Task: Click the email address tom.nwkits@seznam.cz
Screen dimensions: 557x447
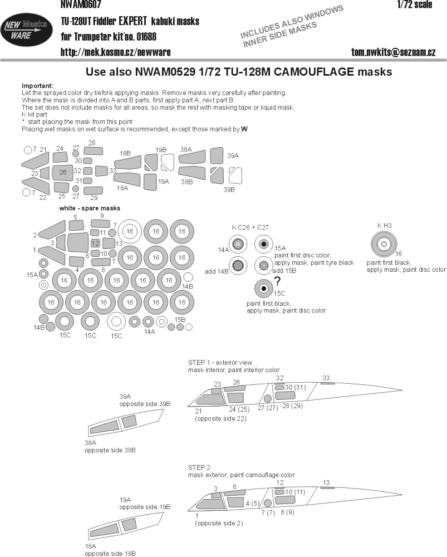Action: click(393, 52)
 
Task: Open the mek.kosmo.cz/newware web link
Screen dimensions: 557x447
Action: click(116, 52)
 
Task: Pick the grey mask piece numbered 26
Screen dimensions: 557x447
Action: click(63, 173)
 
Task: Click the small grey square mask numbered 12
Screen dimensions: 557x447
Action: click(95, 243)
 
